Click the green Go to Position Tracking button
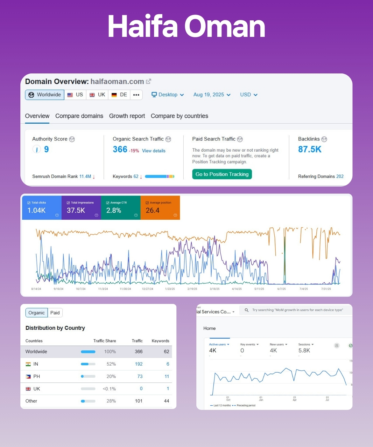222,174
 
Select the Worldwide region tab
45,95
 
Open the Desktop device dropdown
168,95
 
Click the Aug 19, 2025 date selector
212,95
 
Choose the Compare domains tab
79,116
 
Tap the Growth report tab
127,116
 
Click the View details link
154,151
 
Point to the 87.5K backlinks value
310,149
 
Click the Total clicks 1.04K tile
42,208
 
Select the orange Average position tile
160,208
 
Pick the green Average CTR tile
121,208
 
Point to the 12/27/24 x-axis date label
148,289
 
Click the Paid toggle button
55,313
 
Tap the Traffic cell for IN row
139,364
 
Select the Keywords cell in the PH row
167,376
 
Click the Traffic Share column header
105,341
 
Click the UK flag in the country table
28,389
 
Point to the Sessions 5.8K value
304,350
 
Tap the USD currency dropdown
249,95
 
